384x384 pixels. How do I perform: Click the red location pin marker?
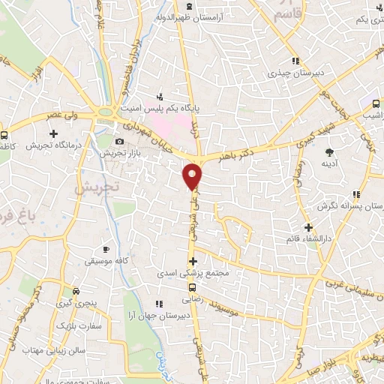coord(193,175)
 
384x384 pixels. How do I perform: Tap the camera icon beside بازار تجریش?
coord(119,141)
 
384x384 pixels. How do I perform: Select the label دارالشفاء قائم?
coord(308,238)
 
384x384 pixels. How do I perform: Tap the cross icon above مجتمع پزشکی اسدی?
coord(193,262)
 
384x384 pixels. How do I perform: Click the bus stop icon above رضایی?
coord(193,287)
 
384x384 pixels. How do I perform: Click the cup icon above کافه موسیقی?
coord(106,248)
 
